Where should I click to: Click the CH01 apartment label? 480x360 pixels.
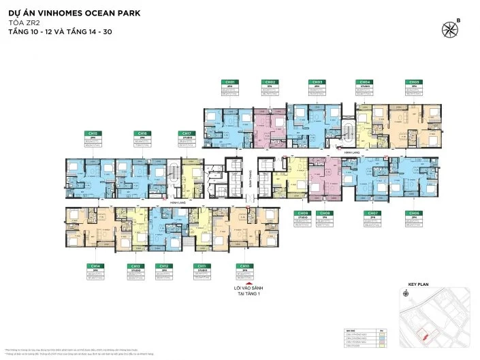(x=229, y=82)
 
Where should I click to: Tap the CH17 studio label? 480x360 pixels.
(x=185, y=134)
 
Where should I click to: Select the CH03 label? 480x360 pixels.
(x=316, y=82)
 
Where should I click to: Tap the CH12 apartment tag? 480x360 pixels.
(x=163, y=266)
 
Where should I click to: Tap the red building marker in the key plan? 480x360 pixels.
(x=426, y=334)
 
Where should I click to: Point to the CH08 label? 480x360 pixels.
(x=322, y=212)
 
